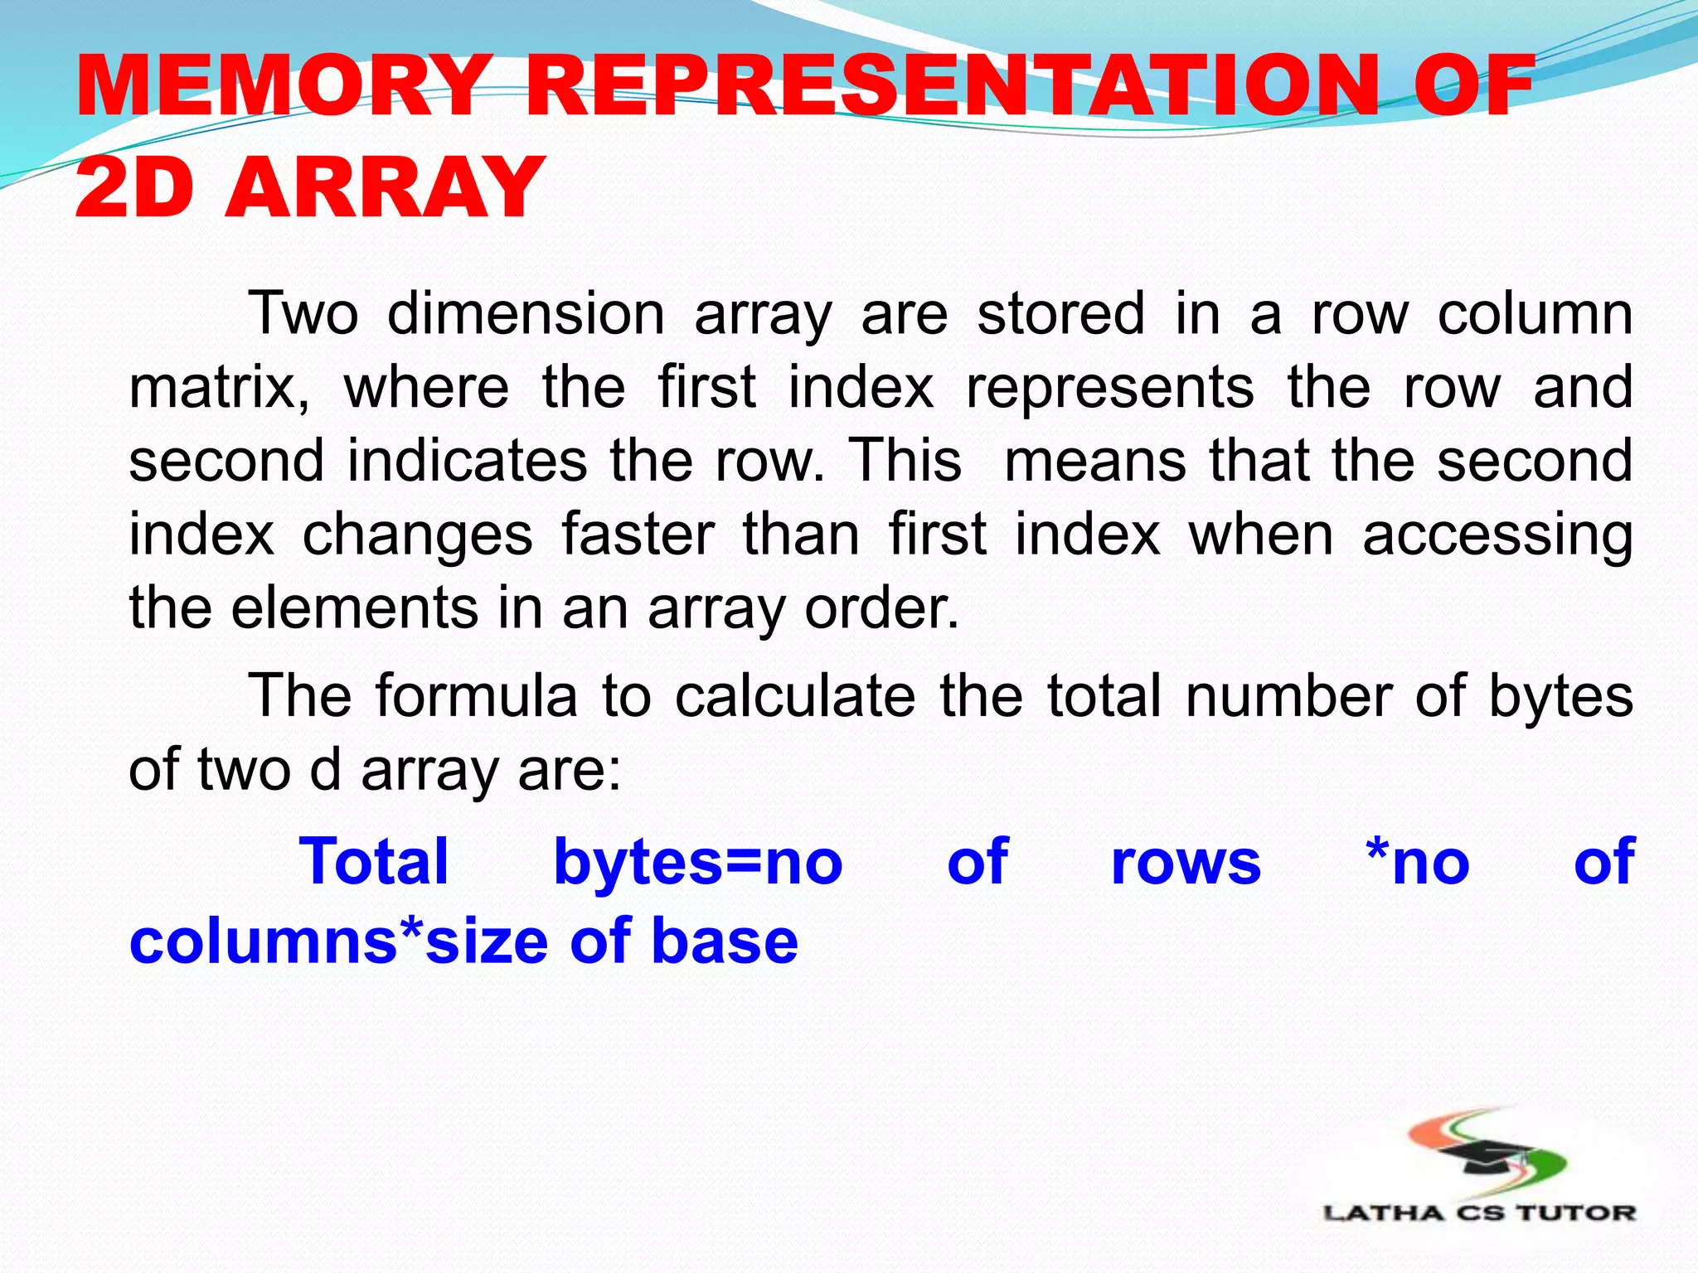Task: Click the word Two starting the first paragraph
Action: [x=303, y=313]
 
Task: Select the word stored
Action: [x=1061, y=313]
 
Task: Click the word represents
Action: [x=1110, y=388]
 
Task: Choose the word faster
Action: [x=638, y=534]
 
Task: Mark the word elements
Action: [x=355, y=607]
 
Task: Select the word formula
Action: [x=477, y=695]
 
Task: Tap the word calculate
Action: [x=795, y=695]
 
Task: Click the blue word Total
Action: [x=374, y=862]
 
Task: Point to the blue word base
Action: [x=725, y=941]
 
